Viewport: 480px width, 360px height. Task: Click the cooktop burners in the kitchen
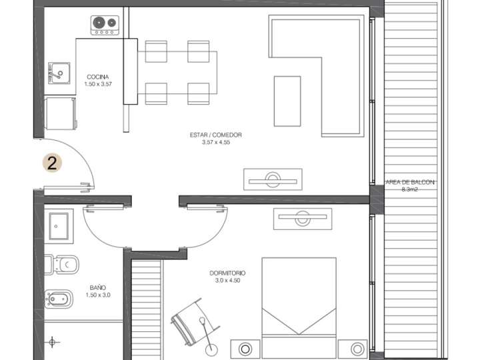(105, 25)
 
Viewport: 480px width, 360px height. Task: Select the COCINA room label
(98, 77)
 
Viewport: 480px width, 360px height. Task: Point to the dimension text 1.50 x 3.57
(98, 85)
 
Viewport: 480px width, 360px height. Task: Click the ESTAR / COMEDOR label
(215, 135)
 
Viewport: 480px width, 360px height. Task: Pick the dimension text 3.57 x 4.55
(215, 142)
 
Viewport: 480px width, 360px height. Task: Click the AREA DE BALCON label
(410, 182)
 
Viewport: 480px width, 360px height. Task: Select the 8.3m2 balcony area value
(410, 189)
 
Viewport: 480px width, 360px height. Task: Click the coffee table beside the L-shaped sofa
(287, 101)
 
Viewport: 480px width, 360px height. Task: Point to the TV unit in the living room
(273, 179)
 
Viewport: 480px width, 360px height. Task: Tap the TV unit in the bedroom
(302, 217)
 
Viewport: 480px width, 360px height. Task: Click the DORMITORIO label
(227, 273)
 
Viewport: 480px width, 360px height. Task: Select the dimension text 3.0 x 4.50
(227, 281)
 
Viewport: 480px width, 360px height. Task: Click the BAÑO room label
(97, 288)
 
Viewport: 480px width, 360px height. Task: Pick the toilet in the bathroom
(63, 265)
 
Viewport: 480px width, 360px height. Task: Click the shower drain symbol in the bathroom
(54, 342)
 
